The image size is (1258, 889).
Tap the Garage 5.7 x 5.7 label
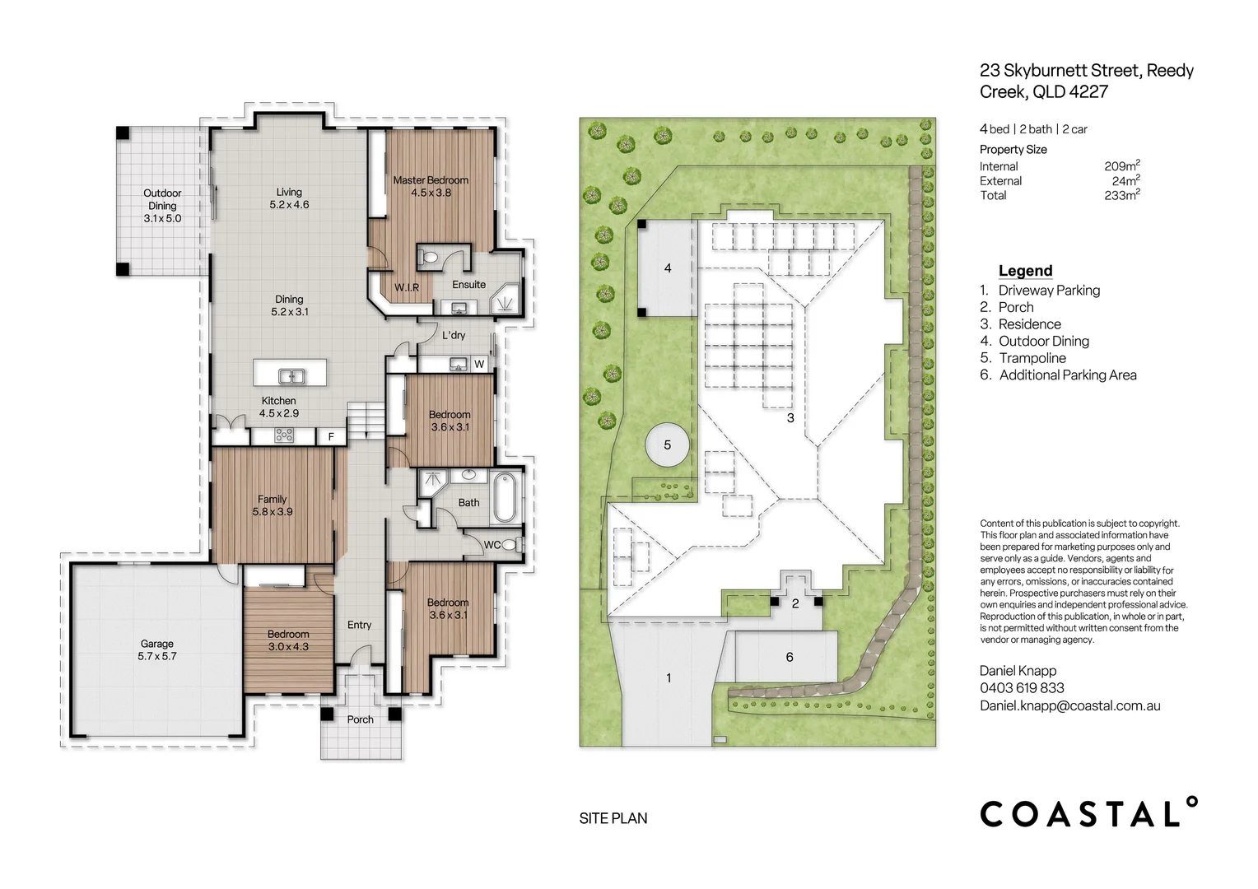pos(157,649)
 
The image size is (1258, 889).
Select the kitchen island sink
pos(291,375)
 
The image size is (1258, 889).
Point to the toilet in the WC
pos(510,544)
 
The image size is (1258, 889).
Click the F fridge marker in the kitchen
pos(331,436)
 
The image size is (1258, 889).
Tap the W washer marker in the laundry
pos(479,364)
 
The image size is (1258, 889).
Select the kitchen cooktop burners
pos(283,435)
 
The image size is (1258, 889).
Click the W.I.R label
pos(407,287)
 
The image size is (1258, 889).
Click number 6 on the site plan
pos(790,657)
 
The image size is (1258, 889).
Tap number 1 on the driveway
pos(669,678)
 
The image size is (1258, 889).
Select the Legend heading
pos(1026,271)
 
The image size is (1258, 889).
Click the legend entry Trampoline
pos(1032,358)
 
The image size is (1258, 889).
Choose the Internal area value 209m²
pos(1122,165)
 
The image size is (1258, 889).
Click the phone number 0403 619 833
pos(1023,688)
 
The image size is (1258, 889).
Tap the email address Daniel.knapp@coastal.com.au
pos(1069,706)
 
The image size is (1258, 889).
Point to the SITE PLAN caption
pos(613,818)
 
